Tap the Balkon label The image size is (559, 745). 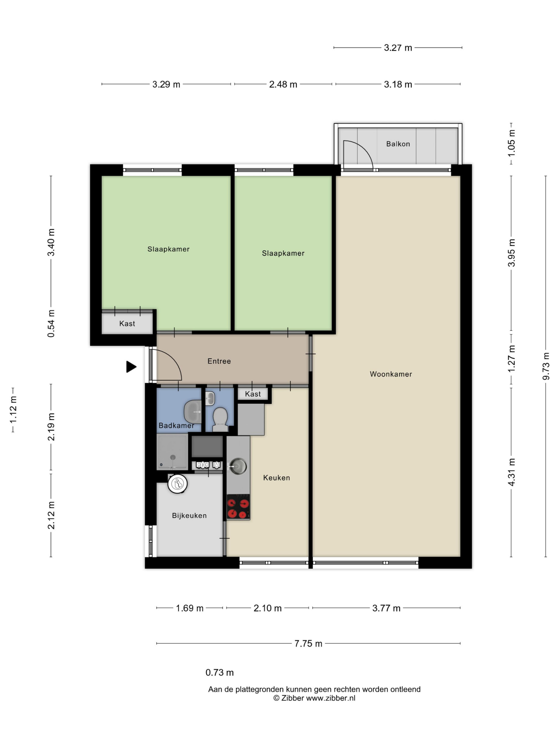[x=398, y=144]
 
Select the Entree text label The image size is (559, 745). [x=219, y=361]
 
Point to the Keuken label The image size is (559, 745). [x=276, y=478]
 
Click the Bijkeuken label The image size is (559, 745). [x=189, y=515]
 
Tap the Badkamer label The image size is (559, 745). [x=176, y=425]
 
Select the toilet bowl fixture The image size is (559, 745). [x=220, y=419]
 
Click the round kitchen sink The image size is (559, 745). [x=238, y=466]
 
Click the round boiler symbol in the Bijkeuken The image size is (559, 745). [x=177, y=484]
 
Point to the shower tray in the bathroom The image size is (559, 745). [x=172, y=452]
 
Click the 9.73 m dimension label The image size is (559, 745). [x=546, y=366]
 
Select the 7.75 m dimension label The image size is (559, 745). [x=308, y=644]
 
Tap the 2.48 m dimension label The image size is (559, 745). [x=283, y=84]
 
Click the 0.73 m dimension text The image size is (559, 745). [x=220, y=673]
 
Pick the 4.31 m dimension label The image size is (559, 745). [x=511, y=472]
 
